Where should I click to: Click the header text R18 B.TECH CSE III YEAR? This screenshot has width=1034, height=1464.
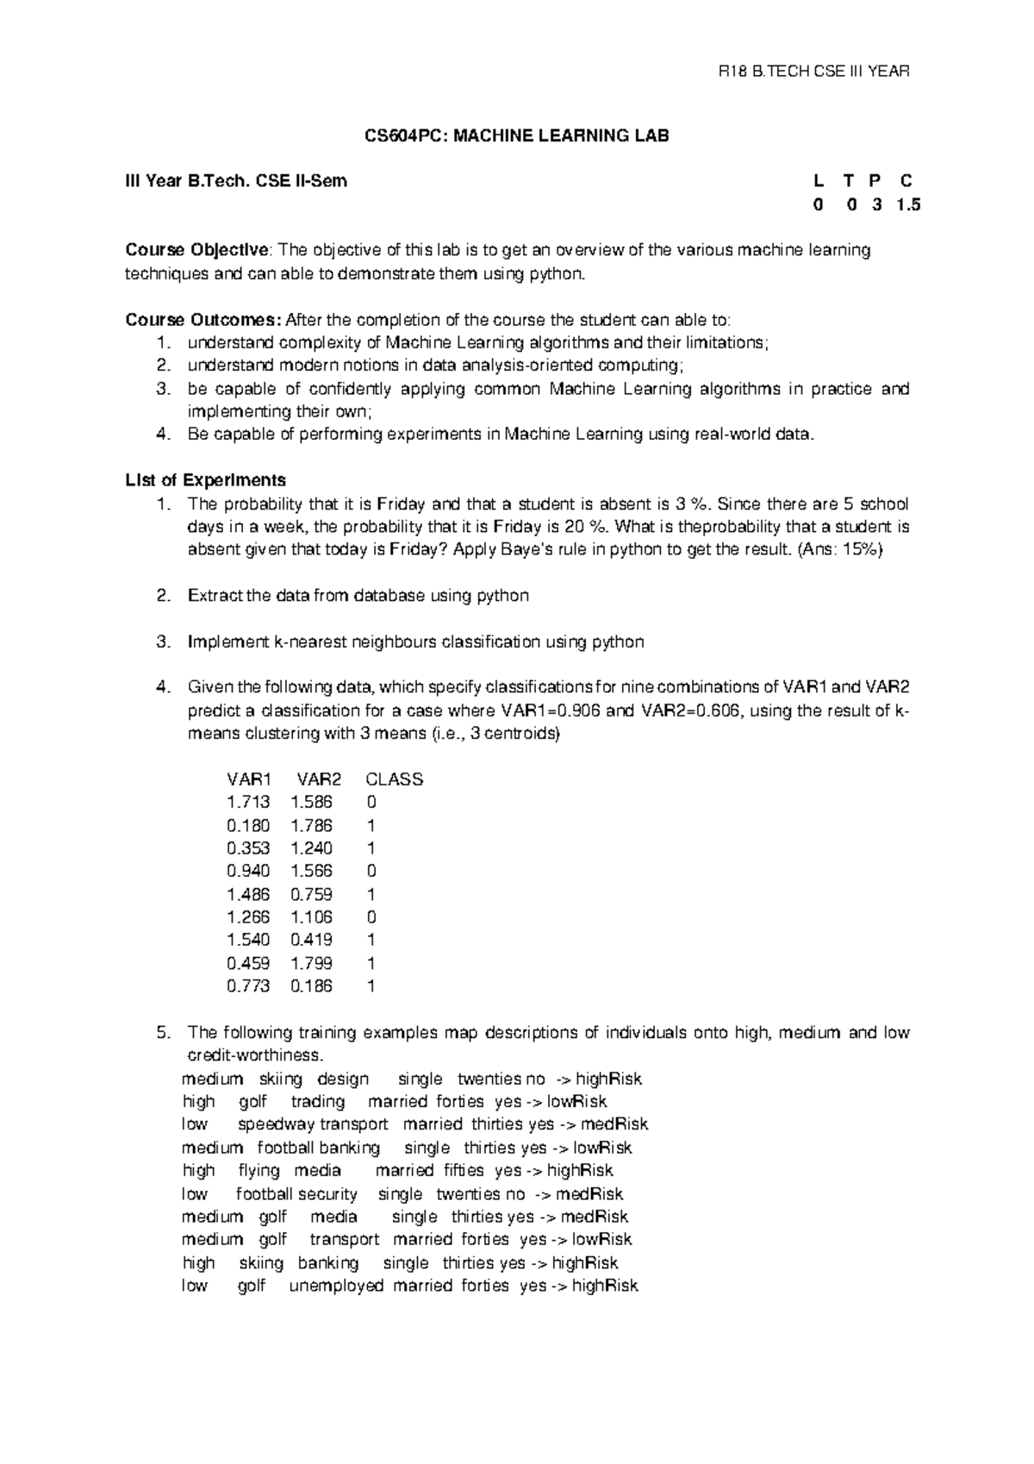pos(814,72)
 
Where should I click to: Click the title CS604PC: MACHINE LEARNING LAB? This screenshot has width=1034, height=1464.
pos(517,135)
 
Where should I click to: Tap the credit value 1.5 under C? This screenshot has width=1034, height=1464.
pos(907,205)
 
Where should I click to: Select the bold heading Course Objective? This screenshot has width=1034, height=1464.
pos(197,250)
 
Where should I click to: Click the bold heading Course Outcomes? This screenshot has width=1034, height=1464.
pos(202,320)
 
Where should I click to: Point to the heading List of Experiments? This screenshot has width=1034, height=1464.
pos(205,480)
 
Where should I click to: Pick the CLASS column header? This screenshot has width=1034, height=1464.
pos(394,779)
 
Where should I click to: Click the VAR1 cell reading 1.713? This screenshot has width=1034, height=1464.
pos(247,803)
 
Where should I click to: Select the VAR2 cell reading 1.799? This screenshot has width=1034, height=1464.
pos(311,963)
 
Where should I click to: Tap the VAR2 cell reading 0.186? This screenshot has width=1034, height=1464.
pos(311,986)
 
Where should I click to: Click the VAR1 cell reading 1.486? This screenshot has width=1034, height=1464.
pos(247,894)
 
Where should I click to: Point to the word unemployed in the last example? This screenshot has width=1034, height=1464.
pos(336,1286)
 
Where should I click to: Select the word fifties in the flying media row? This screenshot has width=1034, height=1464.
pos(464,1171)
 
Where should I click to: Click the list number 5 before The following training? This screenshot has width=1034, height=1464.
pos(163,1033)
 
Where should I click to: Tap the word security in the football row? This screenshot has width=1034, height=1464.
pos(327,1194)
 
